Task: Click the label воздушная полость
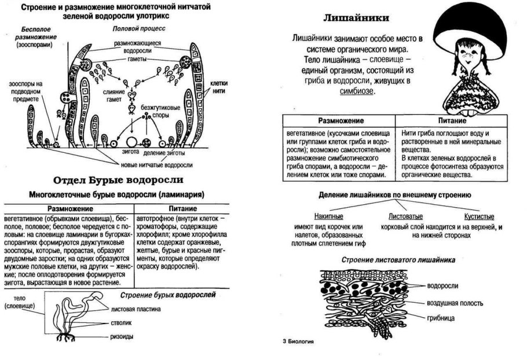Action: pos(455,303)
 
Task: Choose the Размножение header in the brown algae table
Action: pos(68,208)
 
